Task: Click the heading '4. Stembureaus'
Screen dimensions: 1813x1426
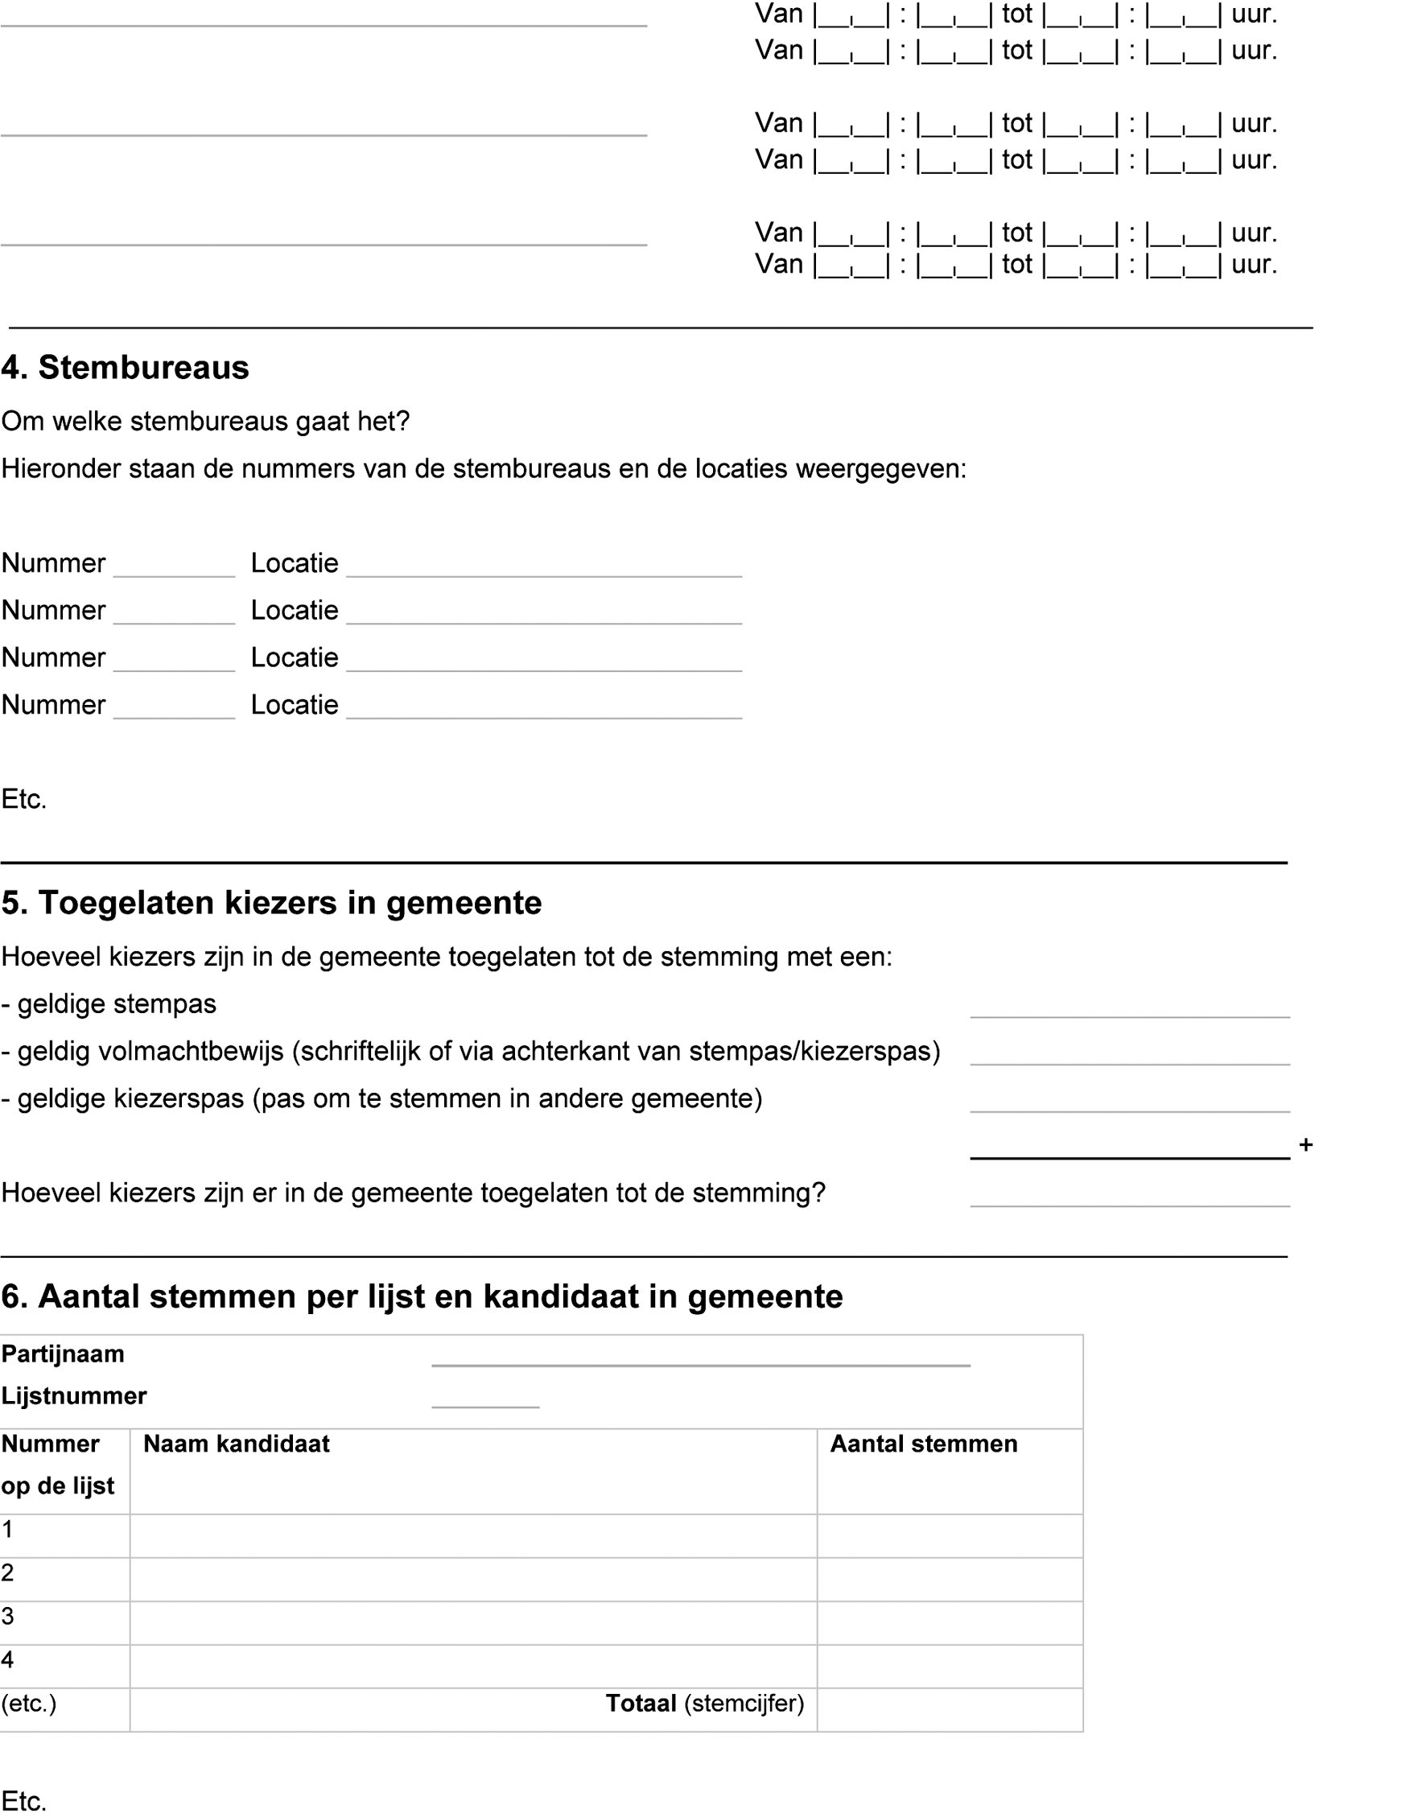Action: tap(126, 368)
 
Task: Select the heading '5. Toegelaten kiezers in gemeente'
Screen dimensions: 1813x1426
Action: tap(271, 903)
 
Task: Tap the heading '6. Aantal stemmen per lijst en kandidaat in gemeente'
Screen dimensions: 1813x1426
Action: tap(422, 1297)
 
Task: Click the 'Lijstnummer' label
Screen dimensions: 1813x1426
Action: tap(73, 1395)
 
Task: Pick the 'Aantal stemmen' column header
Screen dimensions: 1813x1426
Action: tap(923, 1444)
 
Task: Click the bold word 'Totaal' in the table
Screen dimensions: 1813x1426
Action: tap(641, 1704)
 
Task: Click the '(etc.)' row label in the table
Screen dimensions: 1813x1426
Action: tap(28, 1704)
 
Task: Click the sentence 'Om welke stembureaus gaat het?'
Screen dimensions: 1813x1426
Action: tap(205, 422)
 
